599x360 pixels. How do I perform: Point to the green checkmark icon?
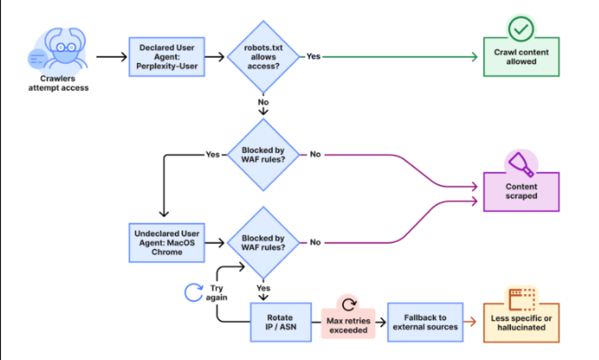[x=519, y=28]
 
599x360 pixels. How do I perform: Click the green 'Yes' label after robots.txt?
[x=314, y=56]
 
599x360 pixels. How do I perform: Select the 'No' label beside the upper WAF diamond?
[x=314, y=154]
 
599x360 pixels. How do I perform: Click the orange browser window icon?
[x=520, y=298]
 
